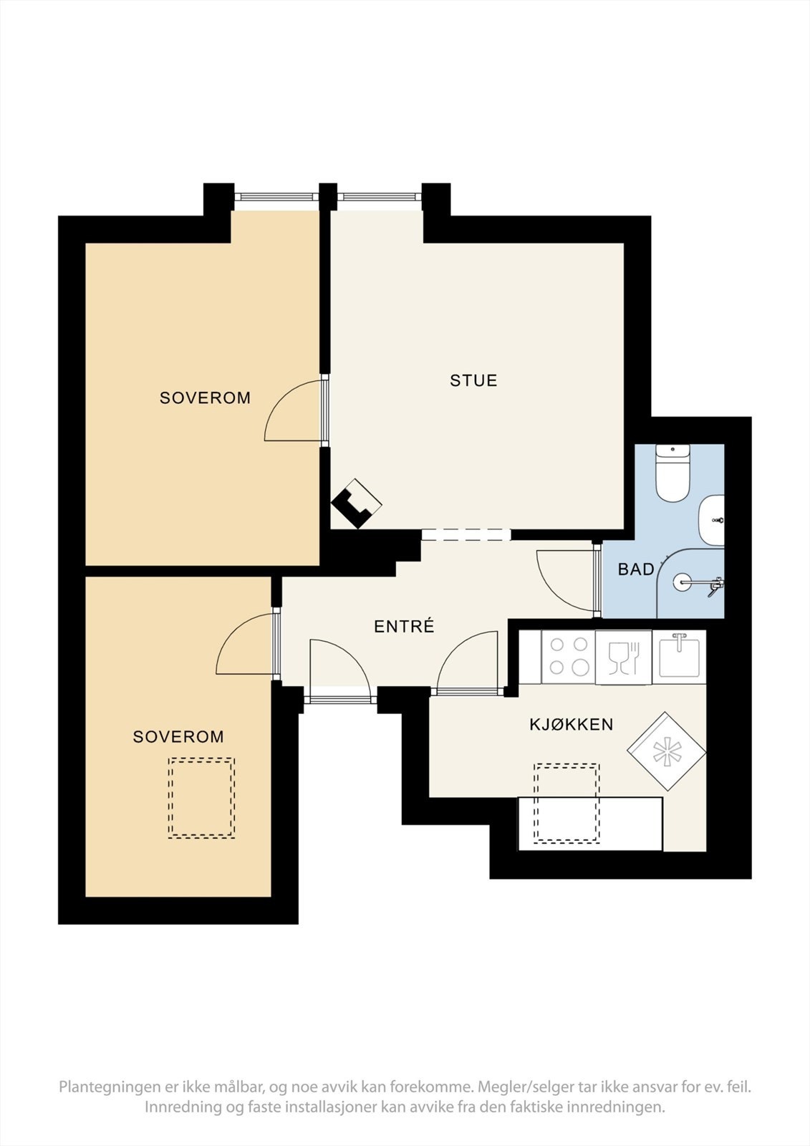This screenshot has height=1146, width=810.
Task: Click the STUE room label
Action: click(473, 380)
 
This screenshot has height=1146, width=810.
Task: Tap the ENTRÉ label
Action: click(404, 627)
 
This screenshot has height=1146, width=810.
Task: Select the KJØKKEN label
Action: click(571, 724)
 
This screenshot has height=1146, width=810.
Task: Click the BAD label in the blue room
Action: click(635, 569)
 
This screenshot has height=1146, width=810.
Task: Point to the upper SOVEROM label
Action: click(205, 398)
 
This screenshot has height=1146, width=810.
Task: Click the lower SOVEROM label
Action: click(178, 736)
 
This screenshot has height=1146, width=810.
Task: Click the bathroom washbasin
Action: click(712, 519)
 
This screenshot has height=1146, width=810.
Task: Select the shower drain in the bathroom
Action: click(683, 581)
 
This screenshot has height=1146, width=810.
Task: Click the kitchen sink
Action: click(679, 655)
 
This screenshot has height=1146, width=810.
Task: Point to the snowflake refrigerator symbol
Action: click(666, 751)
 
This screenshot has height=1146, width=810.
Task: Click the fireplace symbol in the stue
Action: click(356, 503)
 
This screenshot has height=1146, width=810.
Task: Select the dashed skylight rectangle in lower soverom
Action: click(201, 798)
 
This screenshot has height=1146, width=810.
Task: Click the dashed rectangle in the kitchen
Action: click(566, 803)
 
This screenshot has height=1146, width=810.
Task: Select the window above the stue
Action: click(377, 196)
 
